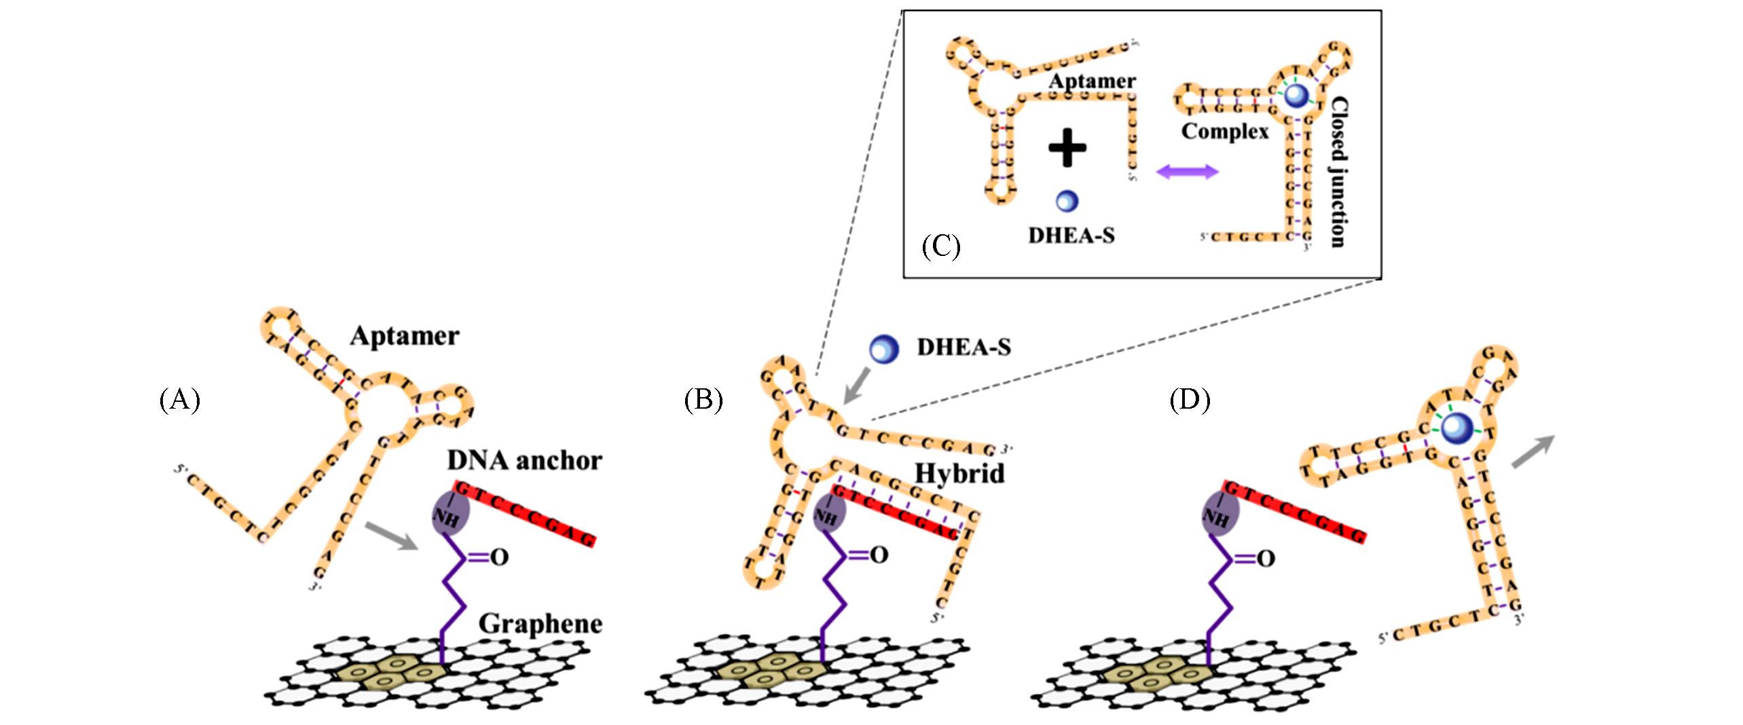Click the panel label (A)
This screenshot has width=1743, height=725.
(179, 400)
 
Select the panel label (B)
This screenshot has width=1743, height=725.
(703, 400)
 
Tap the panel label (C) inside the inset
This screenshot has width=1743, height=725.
(940, 246)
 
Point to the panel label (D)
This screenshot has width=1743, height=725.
(1190, 400)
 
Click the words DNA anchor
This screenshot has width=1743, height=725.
(524, 460)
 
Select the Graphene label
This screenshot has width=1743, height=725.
(540, 623)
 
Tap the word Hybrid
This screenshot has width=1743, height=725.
(959, 473)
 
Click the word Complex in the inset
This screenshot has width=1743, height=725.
(1224, 131)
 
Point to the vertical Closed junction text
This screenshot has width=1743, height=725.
(1338, 172)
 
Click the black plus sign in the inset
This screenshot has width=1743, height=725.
(1067, 147)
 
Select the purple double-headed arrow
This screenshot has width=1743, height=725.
(1187, 171)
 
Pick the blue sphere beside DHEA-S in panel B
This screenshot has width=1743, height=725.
(884, 348)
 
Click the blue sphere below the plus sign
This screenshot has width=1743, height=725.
(1067, 200)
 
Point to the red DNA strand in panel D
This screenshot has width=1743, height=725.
(1294, 512)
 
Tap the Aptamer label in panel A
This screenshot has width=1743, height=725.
(405, 336)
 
